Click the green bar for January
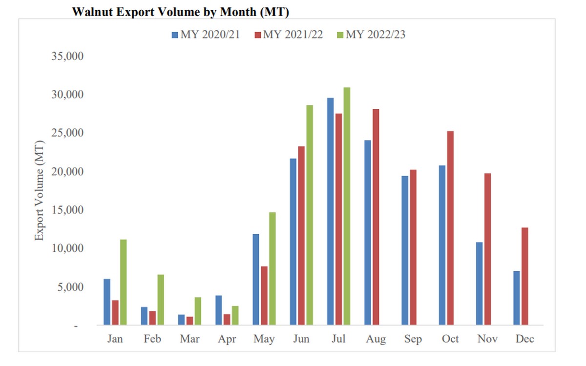click(x=123, y=282)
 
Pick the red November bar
click(x=487, y=249)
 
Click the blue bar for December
click(x=517, y=298)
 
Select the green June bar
click(x=309, y=215)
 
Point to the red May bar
click(x=264, y=295)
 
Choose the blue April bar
click(x=219, y=310)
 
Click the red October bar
click(x=450, y=227)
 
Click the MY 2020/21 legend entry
click(x=205, y=35)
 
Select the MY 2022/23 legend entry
click(x=371, y=35)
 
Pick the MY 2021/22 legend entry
click(x=288, y=35)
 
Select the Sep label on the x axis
click(x=413, y=339)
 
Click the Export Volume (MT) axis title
click(x=40, y=190)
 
